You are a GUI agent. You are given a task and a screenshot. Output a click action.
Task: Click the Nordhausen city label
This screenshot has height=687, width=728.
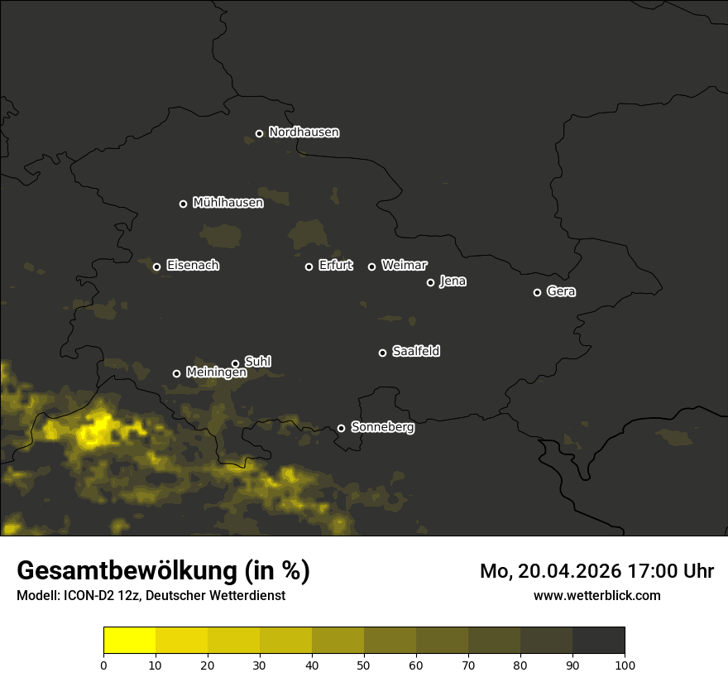coord(304,132)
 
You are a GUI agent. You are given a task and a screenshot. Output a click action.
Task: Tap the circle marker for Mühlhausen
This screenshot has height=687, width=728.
coord(184,204)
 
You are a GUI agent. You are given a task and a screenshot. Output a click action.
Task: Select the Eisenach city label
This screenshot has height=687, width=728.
coord(193,266)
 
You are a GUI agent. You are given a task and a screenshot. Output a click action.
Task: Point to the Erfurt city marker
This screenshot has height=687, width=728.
coord(309,267)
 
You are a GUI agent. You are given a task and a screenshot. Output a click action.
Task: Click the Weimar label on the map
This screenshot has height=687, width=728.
coord(405,266)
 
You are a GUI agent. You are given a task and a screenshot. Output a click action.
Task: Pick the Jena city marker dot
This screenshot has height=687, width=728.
coord(430,282)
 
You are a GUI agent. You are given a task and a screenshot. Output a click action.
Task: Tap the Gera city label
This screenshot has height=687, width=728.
coord(561,291)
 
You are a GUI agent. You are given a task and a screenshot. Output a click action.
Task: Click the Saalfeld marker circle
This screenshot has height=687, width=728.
coord(382,353)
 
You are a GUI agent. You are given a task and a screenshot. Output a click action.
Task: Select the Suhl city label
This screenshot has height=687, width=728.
coord(258,362)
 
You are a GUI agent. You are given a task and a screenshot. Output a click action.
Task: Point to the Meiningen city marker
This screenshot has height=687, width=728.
coord(176,373)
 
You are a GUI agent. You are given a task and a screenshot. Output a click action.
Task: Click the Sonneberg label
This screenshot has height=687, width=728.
coord(382,427)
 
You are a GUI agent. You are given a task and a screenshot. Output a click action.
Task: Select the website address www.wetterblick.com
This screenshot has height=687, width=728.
coord(596,595)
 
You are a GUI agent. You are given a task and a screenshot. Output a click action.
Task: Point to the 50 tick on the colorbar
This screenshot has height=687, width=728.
coord(364,664)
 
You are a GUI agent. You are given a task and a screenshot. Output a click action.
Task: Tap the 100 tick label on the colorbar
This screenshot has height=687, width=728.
coord(625,664)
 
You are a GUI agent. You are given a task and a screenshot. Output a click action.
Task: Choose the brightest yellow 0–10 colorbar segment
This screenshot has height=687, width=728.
coord(130,641)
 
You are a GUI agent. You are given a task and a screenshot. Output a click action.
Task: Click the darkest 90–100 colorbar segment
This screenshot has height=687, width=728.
coord(598,641)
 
